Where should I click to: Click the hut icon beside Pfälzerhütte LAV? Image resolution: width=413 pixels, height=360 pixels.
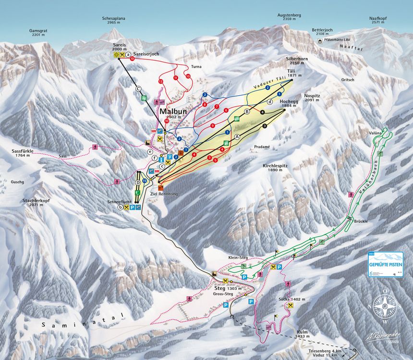coord(319,42)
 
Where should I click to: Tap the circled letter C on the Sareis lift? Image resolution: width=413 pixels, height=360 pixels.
coord(139,88)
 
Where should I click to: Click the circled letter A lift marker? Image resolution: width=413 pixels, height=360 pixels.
coord(237,136)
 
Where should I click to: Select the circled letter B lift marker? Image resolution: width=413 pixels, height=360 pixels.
coord(248,111)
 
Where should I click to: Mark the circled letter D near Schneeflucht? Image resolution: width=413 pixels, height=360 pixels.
coord(138,182)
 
